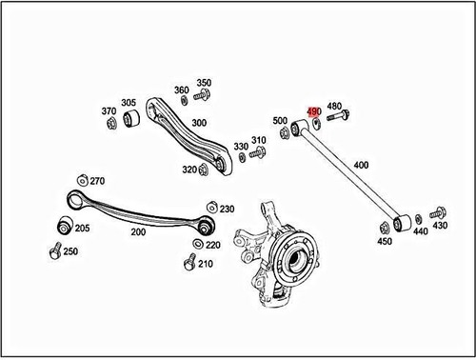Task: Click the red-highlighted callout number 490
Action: [x=314, y=111]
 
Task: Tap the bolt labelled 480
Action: [x=338, y=115]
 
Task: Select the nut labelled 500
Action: [x=284, y=132]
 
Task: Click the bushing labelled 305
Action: [x=131, y=118]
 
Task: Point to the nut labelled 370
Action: [x=111, y=123]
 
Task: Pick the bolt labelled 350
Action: [x=202, y=94]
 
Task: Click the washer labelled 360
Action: [x=184, y=100]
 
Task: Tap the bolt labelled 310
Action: [x=258, y=152]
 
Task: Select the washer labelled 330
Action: [x=242, y=157]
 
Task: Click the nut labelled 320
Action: [x=204, y=170]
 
